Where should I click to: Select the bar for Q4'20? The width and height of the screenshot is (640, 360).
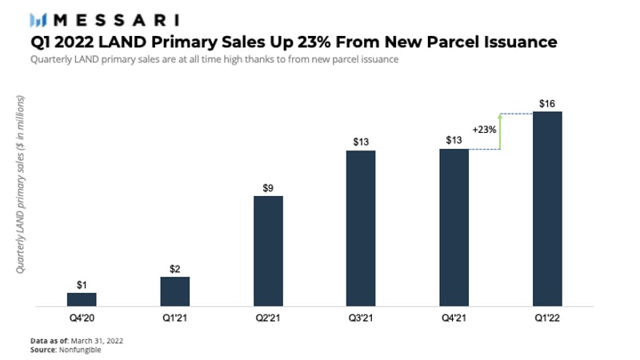click(x=82, y=299)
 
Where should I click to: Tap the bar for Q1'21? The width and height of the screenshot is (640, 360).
click(x=174, y=291)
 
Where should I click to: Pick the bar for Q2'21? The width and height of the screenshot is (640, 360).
click(x=268, y=250)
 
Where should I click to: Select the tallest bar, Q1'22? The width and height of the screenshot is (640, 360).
click(x=547, y=208)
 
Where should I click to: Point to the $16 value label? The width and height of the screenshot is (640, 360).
click(x=547, y=103)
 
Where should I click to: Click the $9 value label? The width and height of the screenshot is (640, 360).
click(x=268, y=188)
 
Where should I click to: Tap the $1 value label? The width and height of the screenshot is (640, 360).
click(x=82, y=285)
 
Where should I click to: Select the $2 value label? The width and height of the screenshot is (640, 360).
click(x=174, y=269)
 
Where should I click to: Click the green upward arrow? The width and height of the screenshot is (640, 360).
click(x=499, y=131)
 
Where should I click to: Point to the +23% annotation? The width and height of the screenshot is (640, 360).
click(x=485, y=130)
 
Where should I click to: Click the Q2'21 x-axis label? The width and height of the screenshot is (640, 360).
click(x=268, y=318)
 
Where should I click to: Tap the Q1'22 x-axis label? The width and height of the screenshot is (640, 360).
click(x=547, y=318)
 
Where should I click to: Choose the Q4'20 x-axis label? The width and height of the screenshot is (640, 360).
click(x=82, y=318)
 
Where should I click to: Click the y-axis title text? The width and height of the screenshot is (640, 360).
click(x=22, y=186)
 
